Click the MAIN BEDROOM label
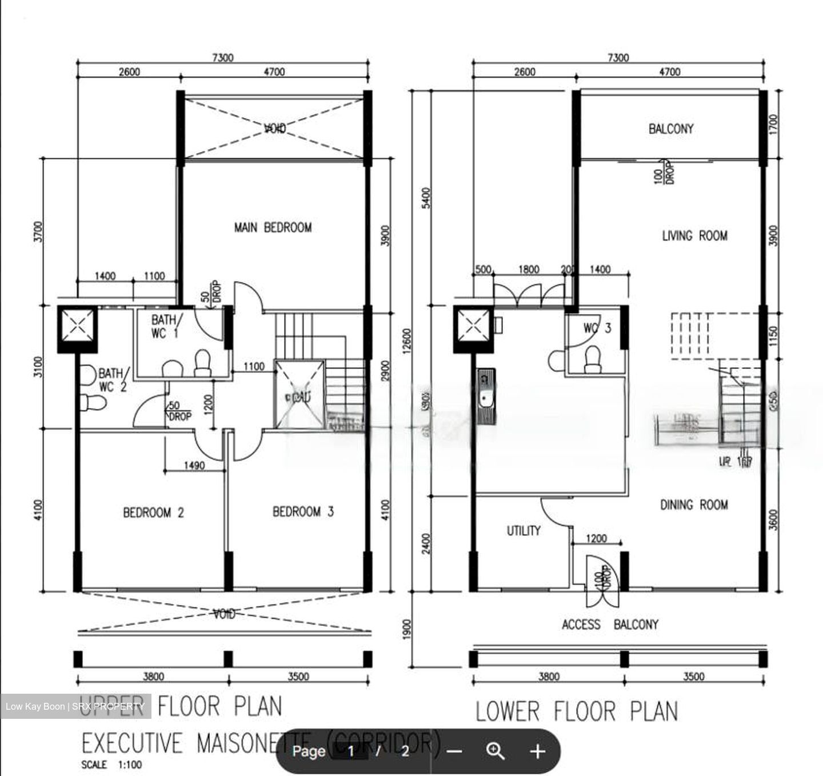click(273, 227)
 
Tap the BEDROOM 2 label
click(153, 512)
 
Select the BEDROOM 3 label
click(303, 511)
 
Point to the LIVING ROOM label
click(694, 235)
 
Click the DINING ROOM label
click(694, 505)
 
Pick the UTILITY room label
click(523, 531)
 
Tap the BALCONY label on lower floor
click(670, 129)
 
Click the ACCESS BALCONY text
click(610, 624)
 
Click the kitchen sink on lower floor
click(486, 398)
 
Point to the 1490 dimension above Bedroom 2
click(194, 466)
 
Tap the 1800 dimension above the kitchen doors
click(528, 269)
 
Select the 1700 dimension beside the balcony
click(773, 123)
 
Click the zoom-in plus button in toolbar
click(537, 751)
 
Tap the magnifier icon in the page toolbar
click(495, 751)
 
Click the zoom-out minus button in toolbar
click(454, 751)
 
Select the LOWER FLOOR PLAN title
click(577, 711)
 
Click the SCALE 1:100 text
click(111, 765)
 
